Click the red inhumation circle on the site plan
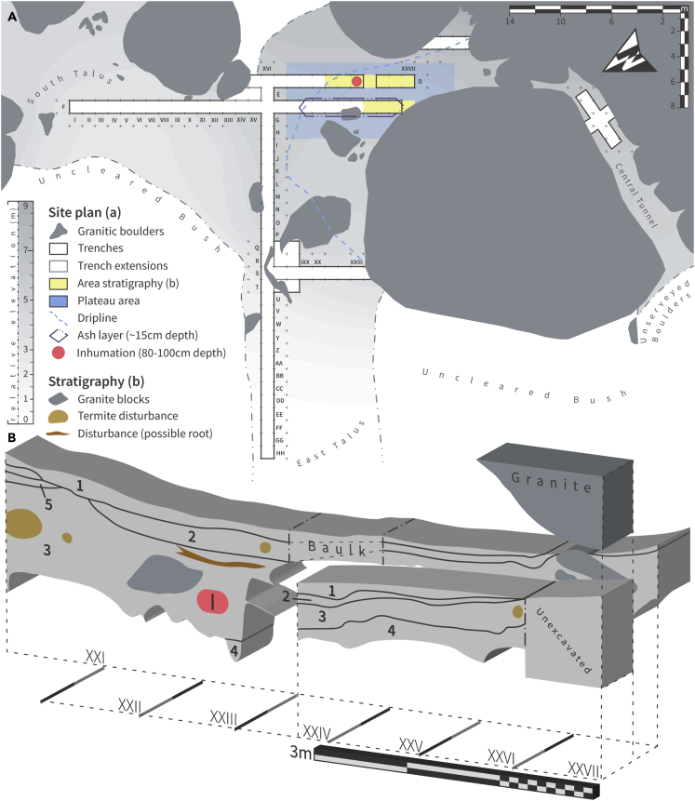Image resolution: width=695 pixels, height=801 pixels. coord(356,82)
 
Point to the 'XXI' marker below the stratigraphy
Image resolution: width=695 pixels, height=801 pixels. coord(94,660)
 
